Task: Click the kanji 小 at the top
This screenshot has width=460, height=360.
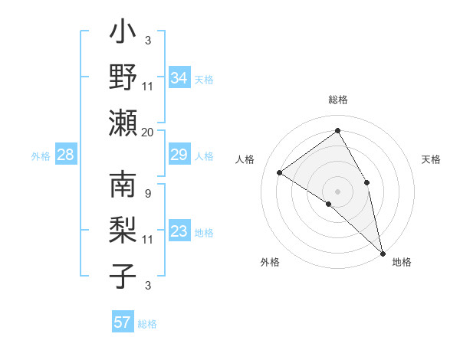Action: click(123, 34)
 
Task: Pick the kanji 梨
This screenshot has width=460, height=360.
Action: click(123, 230)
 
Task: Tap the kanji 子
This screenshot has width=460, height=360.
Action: click(123, 274)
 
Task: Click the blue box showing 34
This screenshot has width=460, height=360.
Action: click(179, 77)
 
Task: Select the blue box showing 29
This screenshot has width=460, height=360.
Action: click(179, 155)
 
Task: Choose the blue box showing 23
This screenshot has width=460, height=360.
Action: click(179, 232)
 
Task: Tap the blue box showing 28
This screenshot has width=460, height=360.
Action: click(66, 155)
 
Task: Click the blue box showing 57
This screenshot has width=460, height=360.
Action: click(123, 322)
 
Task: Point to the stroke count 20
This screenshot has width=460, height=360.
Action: click(148, 132)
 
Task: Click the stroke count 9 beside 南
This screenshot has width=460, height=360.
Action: click(147, 192)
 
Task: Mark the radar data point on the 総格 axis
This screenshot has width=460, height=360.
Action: click(337, 131)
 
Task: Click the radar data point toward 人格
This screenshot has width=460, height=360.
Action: click(279, 173)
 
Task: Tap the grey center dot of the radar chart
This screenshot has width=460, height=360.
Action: click(337, 190)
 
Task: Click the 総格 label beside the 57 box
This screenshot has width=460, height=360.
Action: click(147, 324)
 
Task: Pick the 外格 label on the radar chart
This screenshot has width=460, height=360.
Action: click(270, 262)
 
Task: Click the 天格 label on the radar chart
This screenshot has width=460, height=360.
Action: click(431, 159)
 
